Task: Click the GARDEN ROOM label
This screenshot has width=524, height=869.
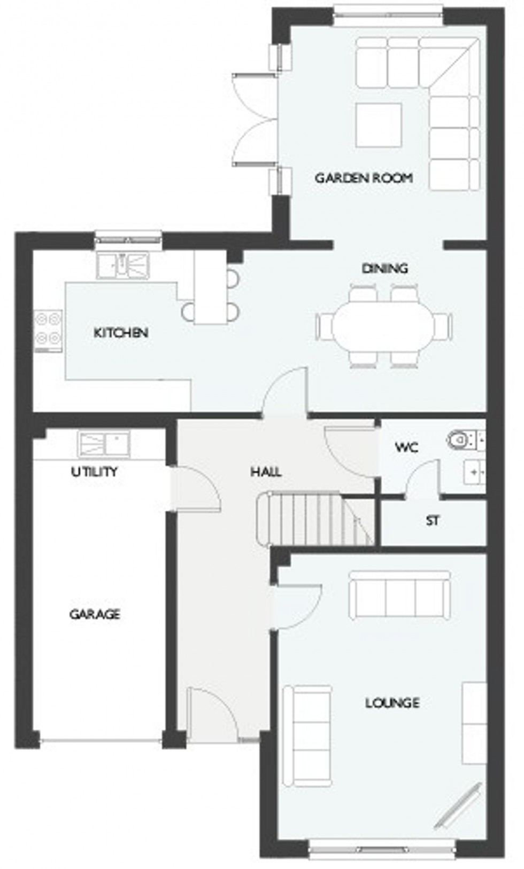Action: coord(363,178)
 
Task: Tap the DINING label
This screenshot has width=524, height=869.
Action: coord(384,268)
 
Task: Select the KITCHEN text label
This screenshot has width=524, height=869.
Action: coord(120,333)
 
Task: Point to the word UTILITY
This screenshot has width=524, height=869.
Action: coord(95,472)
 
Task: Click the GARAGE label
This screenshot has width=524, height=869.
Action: coord(95,614)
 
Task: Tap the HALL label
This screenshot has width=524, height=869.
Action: coord(266,472)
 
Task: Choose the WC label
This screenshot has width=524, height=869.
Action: coord(406,447)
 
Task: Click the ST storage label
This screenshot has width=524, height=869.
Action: coord(432,520)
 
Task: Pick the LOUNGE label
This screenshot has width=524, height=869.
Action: coord(392,703)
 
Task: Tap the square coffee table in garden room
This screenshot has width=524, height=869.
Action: coord(379,125)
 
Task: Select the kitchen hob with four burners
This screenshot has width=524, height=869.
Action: coord(48,330)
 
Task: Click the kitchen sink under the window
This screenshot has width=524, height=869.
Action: coord(124,265)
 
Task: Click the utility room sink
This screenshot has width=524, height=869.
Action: coord(104,444)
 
